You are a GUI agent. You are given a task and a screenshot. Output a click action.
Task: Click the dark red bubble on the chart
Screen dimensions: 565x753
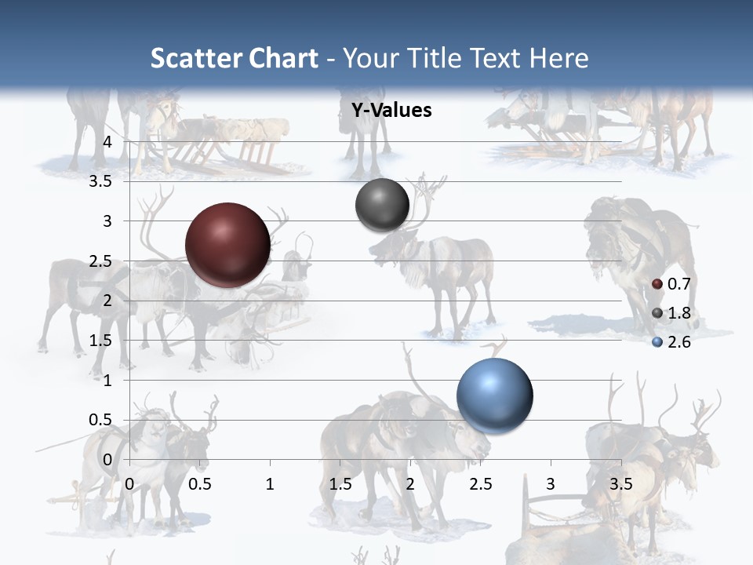227,245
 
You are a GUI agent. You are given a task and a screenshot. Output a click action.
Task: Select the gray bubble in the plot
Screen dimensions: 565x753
382,205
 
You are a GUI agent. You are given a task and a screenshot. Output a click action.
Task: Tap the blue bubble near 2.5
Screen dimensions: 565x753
494,395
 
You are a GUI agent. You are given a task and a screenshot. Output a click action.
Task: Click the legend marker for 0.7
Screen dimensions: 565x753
657,284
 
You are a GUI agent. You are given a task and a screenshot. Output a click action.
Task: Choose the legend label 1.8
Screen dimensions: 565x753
679,313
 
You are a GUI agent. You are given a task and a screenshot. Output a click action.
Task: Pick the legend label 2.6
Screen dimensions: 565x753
679,342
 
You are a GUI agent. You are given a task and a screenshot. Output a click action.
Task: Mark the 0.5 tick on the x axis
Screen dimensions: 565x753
200,484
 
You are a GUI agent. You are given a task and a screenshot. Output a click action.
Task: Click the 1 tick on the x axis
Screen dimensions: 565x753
270,484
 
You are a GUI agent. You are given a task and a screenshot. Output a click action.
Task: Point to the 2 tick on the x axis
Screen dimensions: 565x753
410,484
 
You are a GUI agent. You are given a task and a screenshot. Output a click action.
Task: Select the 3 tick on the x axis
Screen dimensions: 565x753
551,484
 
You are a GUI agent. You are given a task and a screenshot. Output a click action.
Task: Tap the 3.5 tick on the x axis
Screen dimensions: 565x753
620,484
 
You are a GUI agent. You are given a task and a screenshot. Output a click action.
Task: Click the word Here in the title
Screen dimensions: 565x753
559,58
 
